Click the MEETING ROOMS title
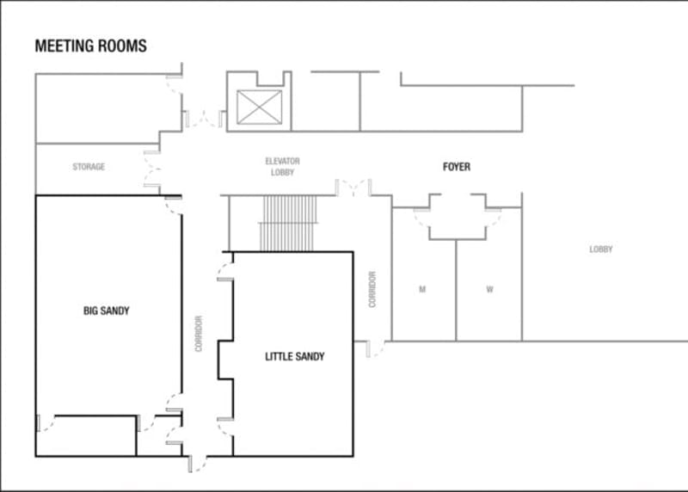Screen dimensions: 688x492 [91, 46]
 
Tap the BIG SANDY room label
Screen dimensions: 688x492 [106, 311]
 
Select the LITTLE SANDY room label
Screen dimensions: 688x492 [294, 356]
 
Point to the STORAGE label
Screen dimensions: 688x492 [89, 167]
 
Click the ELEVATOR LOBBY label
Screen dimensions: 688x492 [282, 167]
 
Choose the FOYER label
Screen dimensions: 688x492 [457, 167]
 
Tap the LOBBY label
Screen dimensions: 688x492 [600, 249]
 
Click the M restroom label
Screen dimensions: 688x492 [422, 289]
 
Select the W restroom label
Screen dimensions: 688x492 [489, 289]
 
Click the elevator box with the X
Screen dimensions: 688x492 [260, 108]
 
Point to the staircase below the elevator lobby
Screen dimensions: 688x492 [288, 224]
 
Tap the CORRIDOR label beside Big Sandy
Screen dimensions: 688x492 [199, 334]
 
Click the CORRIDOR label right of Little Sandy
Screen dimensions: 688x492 [372, 289]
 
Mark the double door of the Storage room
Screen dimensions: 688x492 [152, 169]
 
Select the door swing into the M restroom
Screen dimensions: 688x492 [421, 218]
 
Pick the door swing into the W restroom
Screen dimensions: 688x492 [493, 218]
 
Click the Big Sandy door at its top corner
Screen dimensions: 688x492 [174, 206]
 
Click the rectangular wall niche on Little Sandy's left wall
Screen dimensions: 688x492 [225, 360]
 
